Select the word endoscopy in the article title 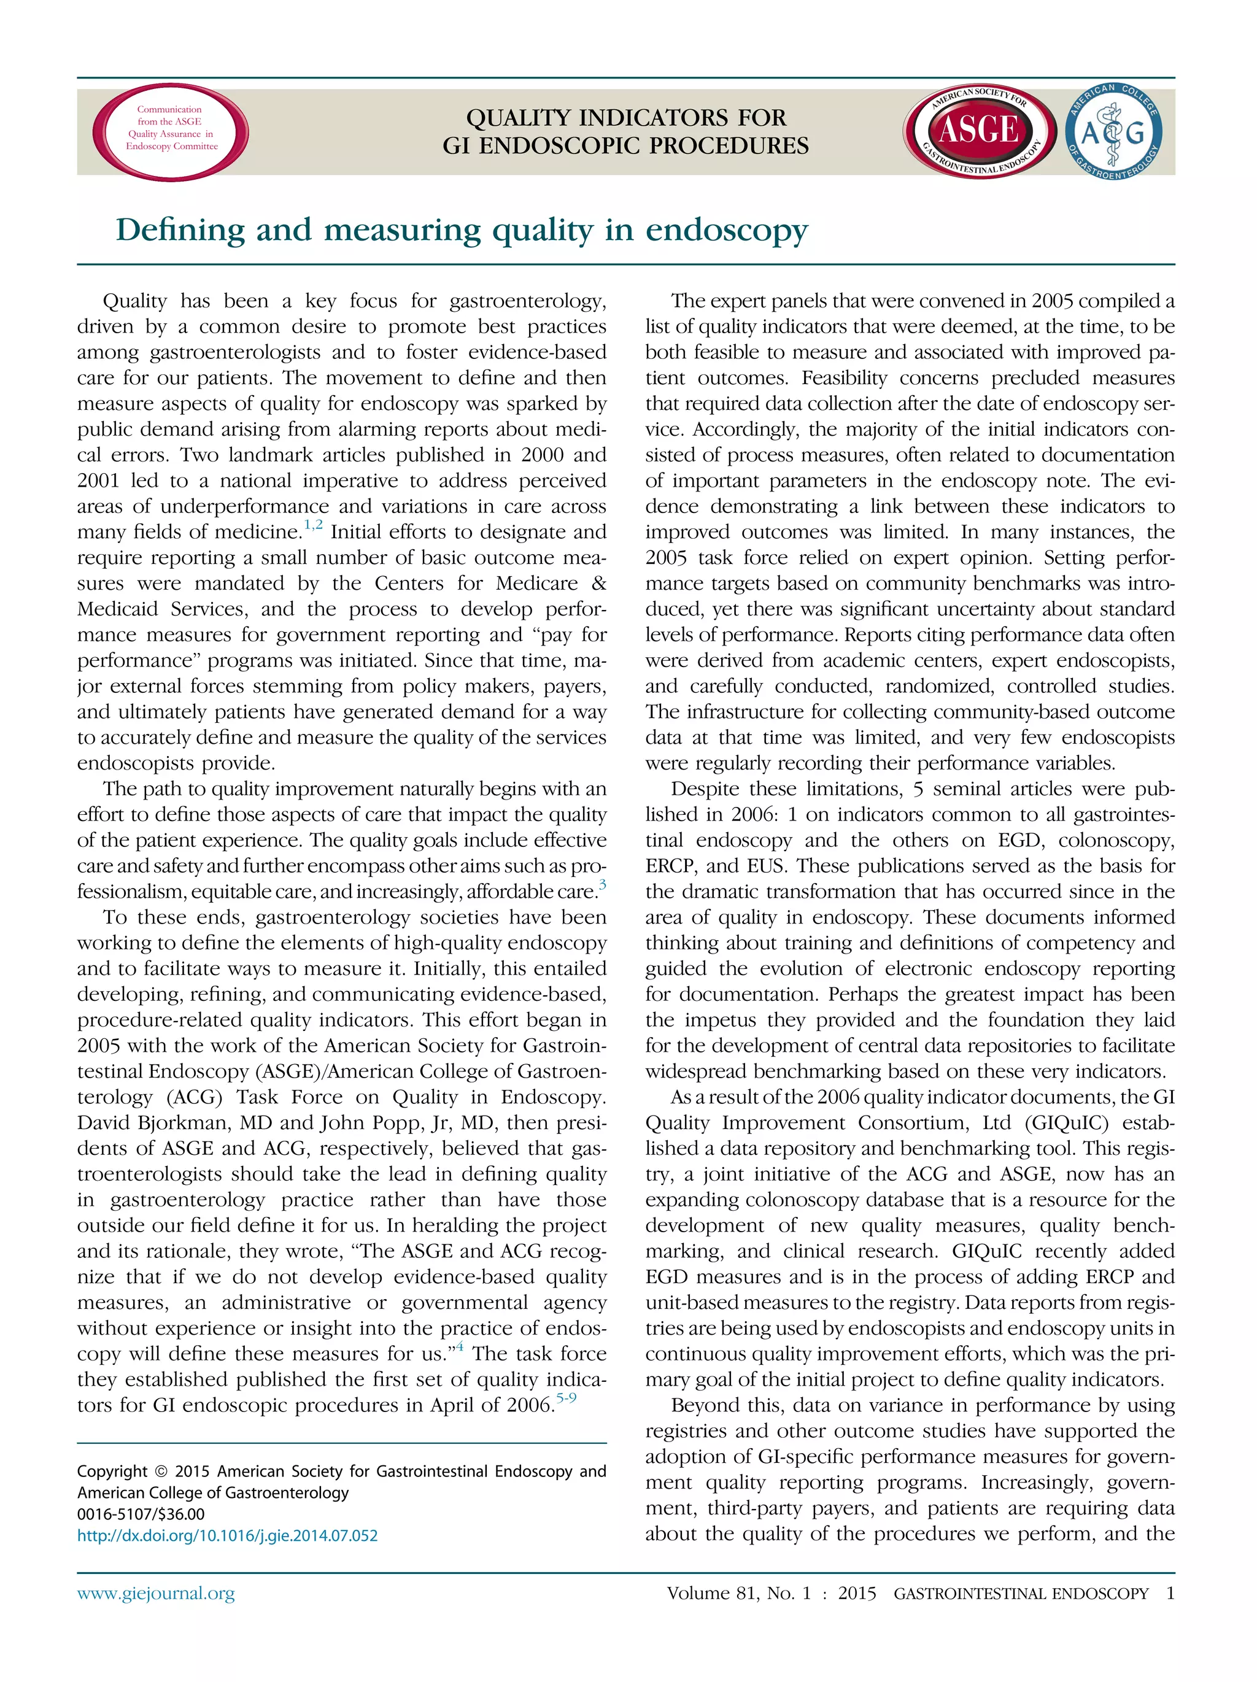pyautogui.click(x=726, y=230)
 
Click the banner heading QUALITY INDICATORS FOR pyautogui.click(x=626, y=118)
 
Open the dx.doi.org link pyautogui.click(x=227, y=1535)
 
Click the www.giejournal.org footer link pyautogui.click(x=156, y=1592)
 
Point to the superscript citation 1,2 pyautogui.click(x=313, y=525)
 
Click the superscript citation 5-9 pyautogui.click(x=567, y=1397)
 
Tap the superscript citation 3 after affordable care pyautogui.click(x=602, y=884)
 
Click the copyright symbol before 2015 pyautogui.click(x=160, y=1472)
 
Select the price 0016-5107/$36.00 pyautogui.click(x=141, y=1514)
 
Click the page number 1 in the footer pyautogui.click(x=1170, y=1592)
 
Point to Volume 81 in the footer pyautogui.click(x=711, y=1592)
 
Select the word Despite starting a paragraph pyautogui.click(x=708, y=789)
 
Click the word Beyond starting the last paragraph pyautogui.click(x=706, y=1405)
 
